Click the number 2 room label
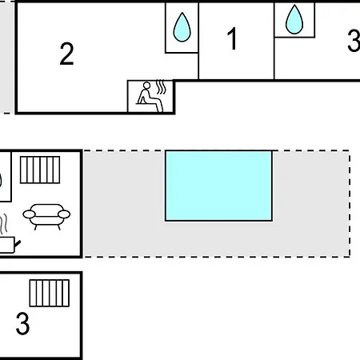[x=66, y=54]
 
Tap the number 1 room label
[x=233, y=38]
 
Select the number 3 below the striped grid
[x=22, y=323]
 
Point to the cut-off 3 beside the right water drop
[x=354, y=41]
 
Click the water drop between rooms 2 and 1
[x=182, y=27]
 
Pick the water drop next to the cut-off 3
[x=294, y=20]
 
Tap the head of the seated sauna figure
[x=146, y=86]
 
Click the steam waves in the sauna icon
[x=161, y=87]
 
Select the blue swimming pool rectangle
[x=218, y=186]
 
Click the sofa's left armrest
[x=29, y=214]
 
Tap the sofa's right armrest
[x=64, y=214]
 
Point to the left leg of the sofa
[x=36, y=227]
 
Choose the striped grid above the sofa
[x=40, y=170]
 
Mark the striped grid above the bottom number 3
[x=50, y=293]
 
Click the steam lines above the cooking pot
[x=3, y=223]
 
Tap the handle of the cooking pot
[x=18, y=243]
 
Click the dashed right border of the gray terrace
[x=350, y=204]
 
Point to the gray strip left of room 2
[x=7, y=58]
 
